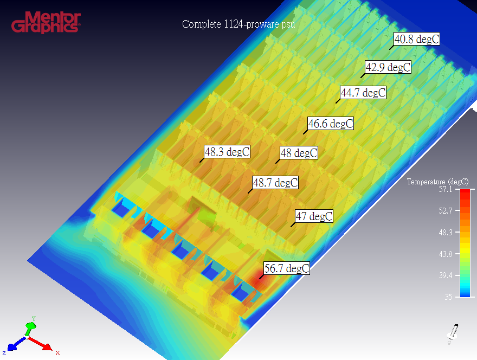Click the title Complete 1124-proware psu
(x=238, y=24)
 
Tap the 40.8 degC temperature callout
(x=417, y=39)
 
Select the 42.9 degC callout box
(x=388, y=67)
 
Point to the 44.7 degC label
(x=363, y=93)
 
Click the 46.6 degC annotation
(x=331, y=124)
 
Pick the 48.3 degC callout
(x=227, y=152)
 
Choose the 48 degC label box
(x=299, y=153)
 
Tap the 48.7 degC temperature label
(x=275, y=183)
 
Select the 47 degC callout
(x=314, y=216)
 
